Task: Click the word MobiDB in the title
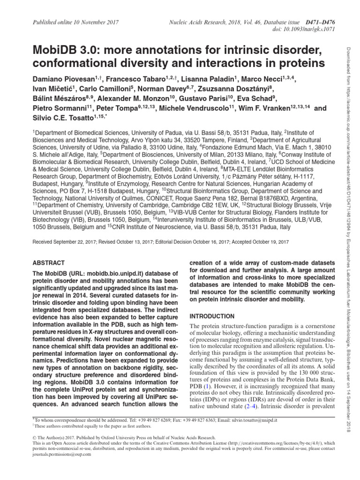55,50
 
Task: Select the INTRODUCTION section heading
212,316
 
